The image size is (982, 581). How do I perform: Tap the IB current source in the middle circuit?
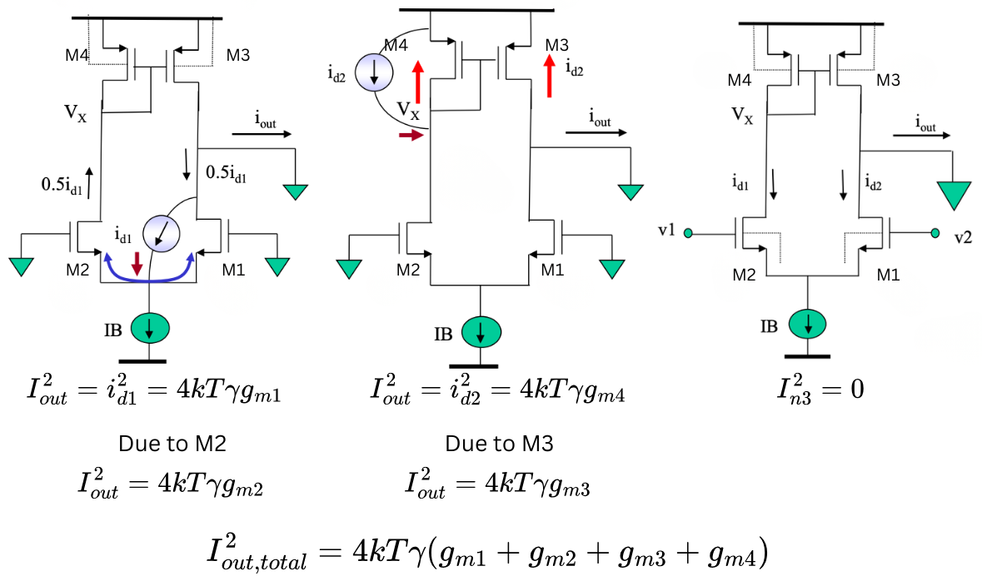coord(481,333)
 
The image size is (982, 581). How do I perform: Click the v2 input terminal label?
coord(963,236)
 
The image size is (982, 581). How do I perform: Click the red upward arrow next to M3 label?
coord(549,76)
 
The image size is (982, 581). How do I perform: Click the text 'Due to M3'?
coord(500,444)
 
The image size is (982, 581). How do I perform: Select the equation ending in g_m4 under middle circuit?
coord(498,391)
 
